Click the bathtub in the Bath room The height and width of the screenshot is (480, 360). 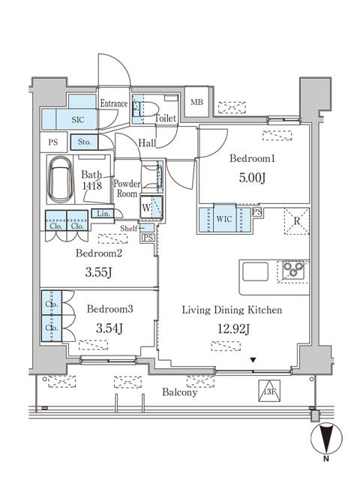point(58,181)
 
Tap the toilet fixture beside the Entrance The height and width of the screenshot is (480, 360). point(139,109)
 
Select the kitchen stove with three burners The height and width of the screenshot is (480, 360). point(292,269)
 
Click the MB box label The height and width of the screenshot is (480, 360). point(196,103)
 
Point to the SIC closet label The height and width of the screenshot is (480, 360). point(77,119)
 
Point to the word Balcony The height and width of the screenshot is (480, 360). point(178,391)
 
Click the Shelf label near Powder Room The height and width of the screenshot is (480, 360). point(128,227)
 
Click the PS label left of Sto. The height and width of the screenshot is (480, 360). point(52,141)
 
